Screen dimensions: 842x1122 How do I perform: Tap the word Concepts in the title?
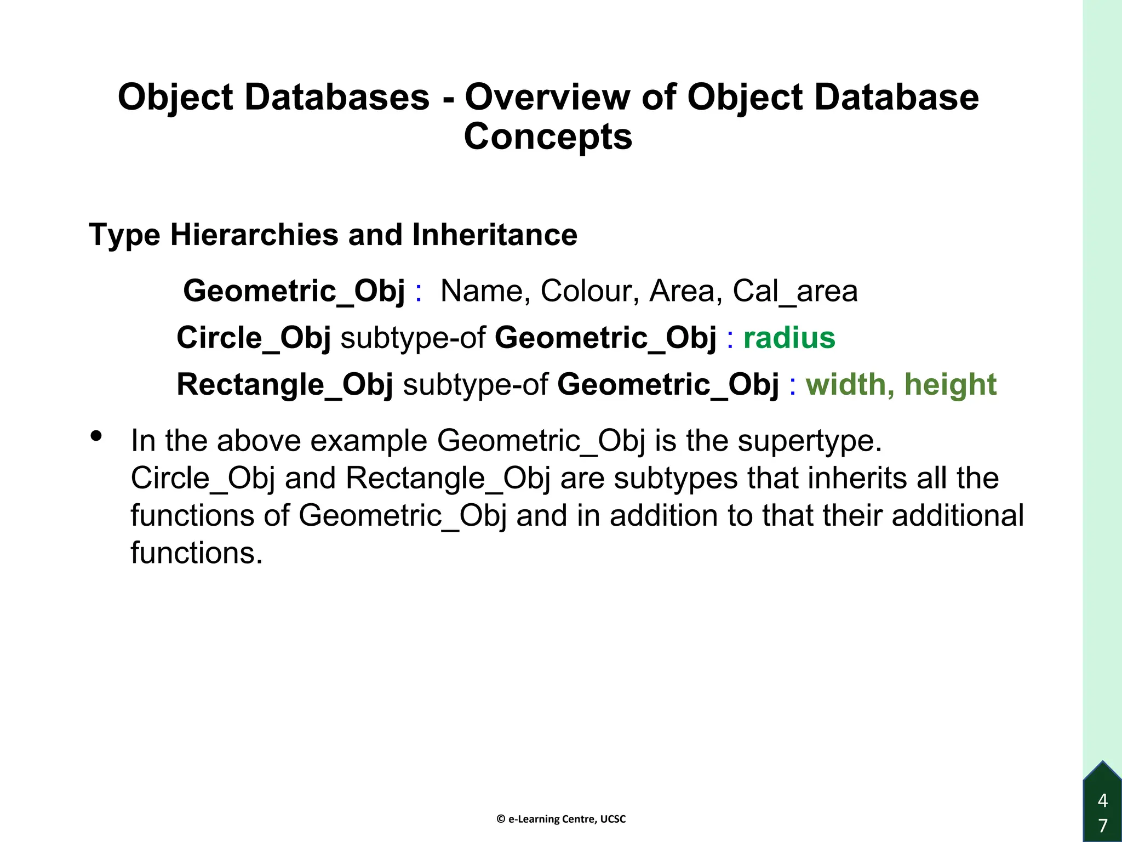click(x=548, y=137)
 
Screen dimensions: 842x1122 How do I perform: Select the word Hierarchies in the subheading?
click(x=255, y=235)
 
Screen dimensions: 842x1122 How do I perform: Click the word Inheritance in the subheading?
click(x=494, y=235)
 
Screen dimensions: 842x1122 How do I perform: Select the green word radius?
click(x=789, y=338)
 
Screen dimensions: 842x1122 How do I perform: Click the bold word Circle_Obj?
click(x=254, y=338)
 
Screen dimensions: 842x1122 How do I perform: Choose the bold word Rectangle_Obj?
click(x=285, y=384)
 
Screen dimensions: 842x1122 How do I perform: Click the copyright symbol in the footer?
click(x=501, y=820)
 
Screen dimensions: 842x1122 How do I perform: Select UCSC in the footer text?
click(x=613, y=820)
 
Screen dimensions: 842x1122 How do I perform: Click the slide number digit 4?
click(x=1103, y=801)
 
